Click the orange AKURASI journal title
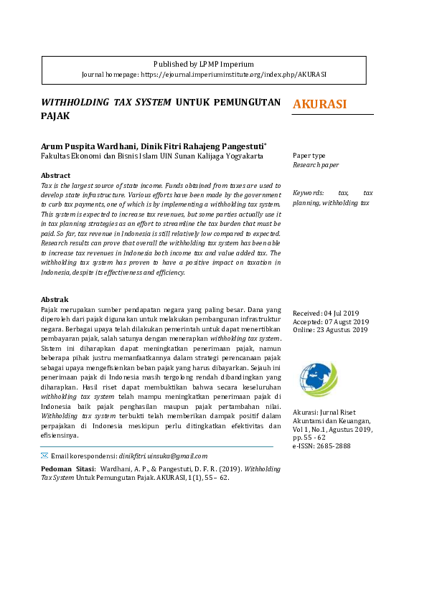[320, 105]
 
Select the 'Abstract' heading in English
[55, 175]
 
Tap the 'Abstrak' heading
[55, 299]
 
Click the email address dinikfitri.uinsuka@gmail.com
[163, 456]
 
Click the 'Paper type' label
[309, 156]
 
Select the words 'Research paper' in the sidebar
[315, 165]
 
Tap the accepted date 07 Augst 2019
[347, 322]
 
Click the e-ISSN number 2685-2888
[334, 446]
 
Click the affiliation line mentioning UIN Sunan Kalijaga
[161, 155]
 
